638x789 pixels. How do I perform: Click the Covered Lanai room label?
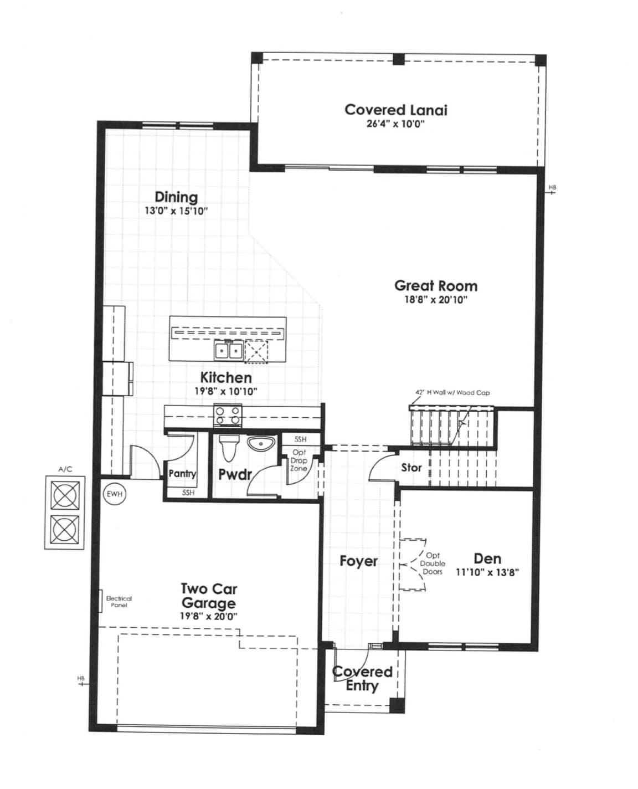click(395, 110)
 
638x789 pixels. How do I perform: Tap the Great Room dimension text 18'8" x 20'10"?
click(436, 300)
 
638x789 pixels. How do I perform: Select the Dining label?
click(176, 197)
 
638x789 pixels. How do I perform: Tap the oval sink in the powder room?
click(261, 444)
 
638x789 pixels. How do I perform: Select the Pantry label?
click(182, 474)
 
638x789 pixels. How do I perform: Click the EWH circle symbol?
click(115, 493)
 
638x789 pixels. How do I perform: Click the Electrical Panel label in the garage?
click(119, 602)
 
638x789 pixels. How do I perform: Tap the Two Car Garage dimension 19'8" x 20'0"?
click(208, 616)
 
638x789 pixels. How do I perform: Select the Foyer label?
click(358, 561)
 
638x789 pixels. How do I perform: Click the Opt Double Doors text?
click(433, 563)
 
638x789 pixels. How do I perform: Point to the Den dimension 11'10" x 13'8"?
click(487, 573)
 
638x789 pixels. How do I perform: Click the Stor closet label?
click(411, 468)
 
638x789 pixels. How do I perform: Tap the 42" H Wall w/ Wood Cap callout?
click(452, 393)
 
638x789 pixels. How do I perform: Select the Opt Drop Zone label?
click(299, 460)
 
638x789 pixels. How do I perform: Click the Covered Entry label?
click(362, 679)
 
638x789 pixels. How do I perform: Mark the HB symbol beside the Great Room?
click(552, 189)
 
